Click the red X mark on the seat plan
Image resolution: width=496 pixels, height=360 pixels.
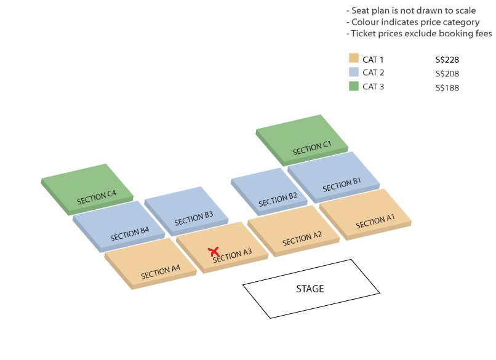click(x=214, y=252)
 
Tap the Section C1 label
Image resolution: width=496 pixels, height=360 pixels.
click(x=312, y=148)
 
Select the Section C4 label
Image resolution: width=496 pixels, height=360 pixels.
click(x=97, y=197)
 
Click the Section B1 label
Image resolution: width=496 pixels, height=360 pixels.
click(x=342, y=185)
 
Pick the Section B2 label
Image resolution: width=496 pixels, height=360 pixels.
click(x=278, y=199)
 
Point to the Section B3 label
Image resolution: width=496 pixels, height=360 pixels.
click(x=194, y=218)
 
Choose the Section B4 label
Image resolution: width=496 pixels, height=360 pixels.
click(x=130, y=234)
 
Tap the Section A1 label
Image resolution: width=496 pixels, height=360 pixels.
click(x=375, y=221)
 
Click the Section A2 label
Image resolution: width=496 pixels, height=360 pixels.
click(x=302, y=239)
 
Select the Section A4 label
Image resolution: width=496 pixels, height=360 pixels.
click(x=161, y=272)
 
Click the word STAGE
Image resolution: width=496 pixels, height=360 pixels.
click(x=310, y=289)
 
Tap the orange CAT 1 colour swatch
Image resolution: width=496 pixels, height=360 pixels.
click(x=354, y=58)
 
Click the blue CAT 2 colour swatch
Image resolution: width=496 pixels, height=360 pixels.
click(x=354, y=72)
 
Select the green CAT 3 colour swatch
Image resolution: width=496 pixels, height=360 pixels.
click(x=354, y=86)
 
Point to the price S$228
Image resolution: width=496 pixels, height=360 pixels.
click(x=447, y=60)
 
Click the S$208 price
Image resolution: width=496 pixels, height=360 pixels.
click(x=447, y=74)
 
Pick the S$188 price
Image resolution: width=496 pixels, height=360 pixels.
click(x=447, y=87)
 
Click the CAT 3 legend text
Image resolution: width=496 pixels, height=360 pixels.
click(x=374, y=86)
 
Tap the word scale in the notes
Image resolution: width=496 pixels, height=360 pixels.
click(x=465, y=10)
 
